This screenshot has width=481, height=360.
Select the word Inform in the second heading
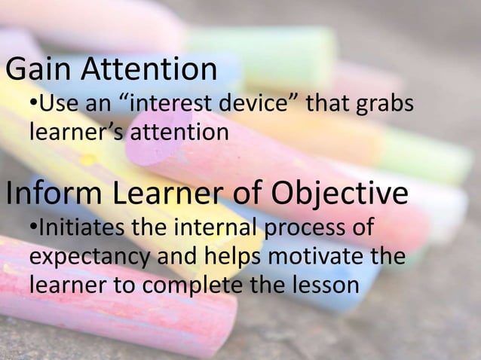pos(52,194)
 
